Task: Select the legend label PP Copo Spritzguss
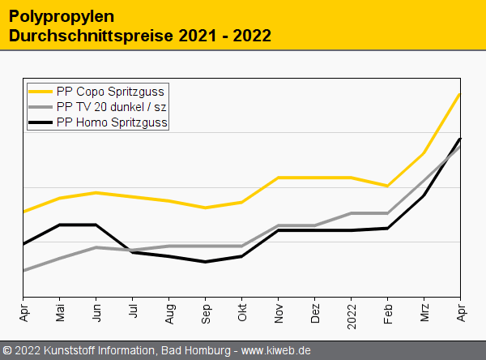(x=110, y=92)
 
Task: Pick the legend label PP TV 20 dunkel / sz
(x=112, y=107)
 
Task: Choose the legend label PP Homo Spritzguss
(x=112, y=122)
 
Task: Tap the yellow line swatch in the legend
(x=40, y=92)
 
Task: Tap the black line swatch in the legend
(x=40, y=122)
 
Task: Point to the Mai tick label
(x=60, y=313)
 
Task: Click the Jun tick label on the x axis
(x=96, y=313)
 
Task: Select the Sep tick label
(x=206, y=314)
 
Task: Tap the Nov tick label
(x=279, y=313)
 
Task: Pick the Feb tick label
(x=388, y=313)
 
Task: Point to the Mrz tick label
(x=424, y=313)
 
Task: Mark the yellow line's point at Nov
(x=279, y=178)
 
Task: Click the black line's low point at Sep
(x=206, y=262)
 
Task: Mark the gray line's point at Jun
(x=96, y=247)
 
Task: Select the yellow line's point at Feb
(x=388, y=186)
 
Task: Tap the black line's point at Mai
(x=60, y=225)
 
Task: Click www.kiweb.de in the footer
(x=276, y=350)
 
